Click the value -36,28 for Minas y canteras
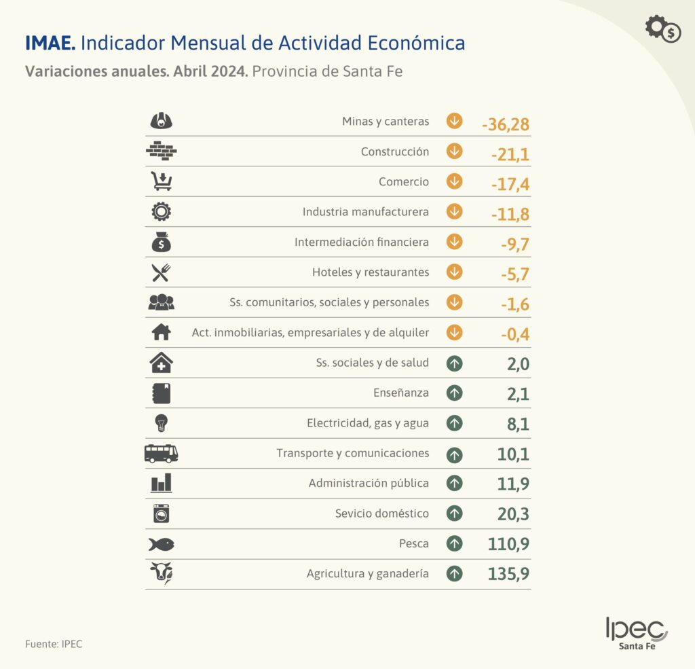click(505, 124)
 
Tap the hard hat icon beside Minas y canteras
click(161, 121)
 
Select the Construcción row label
click(395, 151)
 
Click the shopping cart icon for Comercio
click(161, 181)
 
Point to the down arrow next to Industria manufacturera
click(455, 211)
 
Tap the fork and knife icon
click(161, 272)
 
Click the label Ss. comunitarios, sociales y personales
click(329, 302)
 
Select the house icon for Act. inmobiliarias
click(161, 332)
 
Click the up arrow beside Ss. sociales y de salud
click(455, 363)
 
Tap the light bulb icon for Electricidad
click(161, 423)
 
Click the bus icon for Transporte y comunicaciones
click(161, 453)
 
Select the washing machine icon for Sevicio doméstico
click(161, 513)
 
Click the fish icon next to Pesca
click(161, 544)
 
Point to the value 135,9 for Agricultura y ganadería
click(508, 575)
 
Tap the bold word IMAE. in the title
click(50, 43)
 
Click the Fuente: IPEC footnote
click(54, 644)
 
